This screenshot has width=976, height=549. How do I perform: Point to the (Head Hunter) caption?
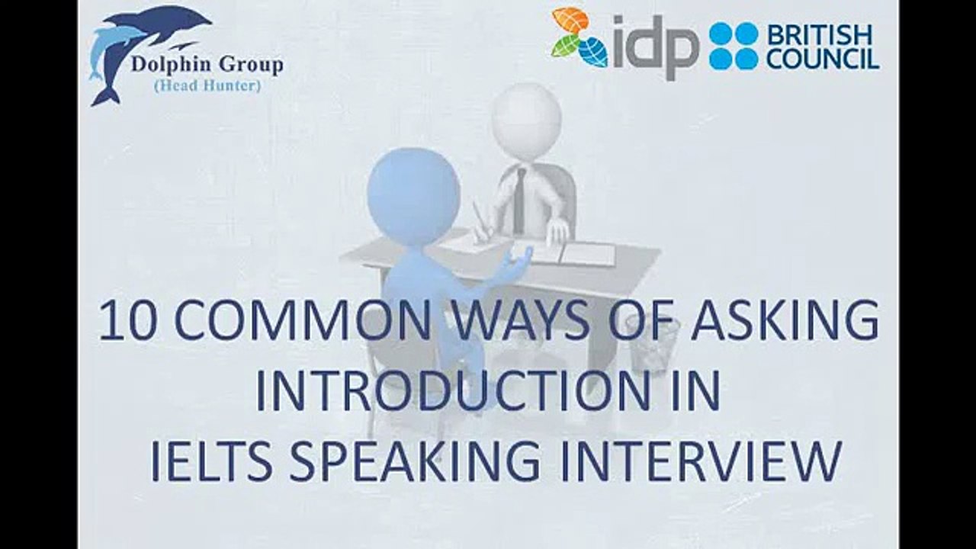tap(207, 86)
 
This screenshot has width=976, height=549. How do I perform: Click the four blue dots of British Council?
tap(734, 47)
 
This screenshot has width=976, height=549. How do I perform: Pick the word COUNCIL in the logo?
tap(822, 59)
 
